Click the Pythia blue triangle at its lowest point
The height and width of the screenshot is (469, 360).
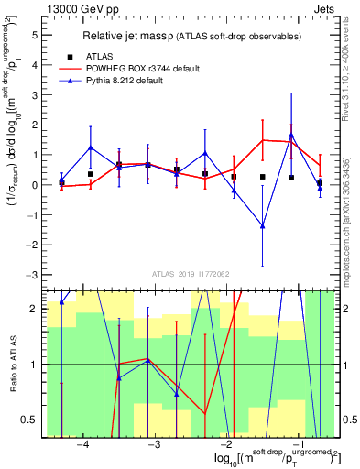262,225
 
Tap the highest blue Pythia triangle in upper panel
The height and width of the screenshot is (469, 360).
291,136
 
